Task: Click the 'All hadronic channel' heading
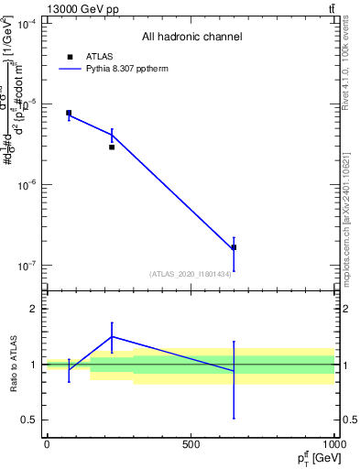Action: pos(191,37)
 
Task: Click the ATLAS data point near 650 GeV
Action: pos(234,247)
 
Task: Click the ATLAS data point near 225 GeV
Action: pos(112,147)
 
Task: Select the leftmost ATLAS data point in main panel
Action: pos(69,113)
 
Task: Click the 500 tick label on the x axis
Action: pos(191,444)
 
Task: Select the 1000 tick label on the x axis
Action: pos(334,444)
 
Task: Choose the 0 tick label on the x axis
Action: pos(47,444)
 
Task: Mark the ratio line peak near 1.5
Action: pos(112,336)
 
